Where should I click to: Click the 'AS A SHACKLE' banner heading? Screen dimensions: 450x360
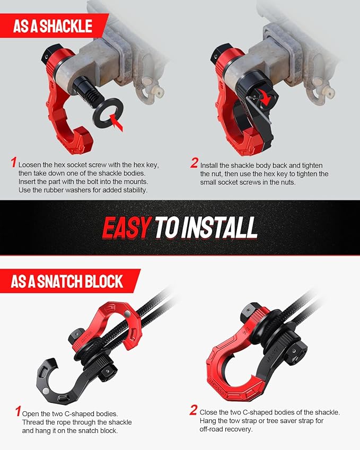(52, 25)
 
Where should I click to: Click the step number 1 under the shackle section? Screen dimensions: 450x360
(13, 163)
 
